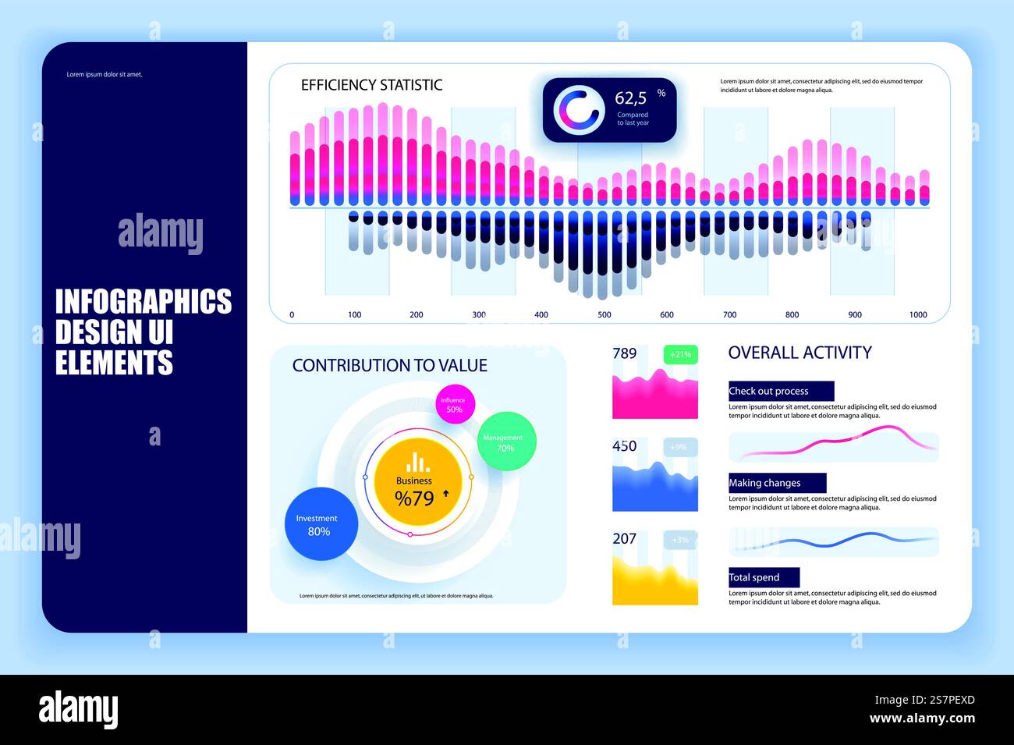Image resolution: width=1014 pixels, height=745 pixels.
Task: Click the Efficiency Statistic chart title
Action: pyautogui.click(x=371, y=85)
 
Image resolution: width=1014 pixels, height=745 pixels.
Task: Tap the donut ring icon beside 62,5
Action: pyautogui.click(x=579, y=110)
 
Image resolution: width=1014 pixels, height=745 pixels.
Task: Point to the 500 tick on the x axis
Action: pyautogui.click(x=604, y=315)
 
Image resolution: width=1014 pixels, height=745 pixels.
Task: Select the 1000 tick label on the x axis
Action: pyautogui.click(x=918, y=315)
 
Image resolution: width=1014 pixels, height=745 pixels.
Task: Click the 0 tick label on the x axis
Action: pyautogui.click(x=292, y=315)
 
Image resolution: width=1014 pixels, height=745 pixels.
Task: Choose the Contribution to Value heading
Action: pyautogui.click(x=389, y=365)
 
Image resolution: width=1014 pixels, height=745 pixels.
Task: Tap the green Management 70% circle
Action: pyautogui.click(x=506, y=442)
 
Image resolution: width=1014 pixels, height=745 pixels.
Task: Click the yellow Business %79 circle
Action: pyautogui.click(x=418, y=484)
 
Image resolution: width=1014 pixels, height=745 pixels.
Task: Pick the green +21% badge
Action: pyautogui.click(x=680, y=354)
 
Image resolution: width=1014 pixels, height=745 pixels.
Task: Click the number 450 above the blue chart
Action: pyautogui.click(x=624, y=446)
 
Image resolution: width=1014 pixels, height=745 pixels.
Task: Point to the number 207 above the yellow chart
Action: pyautogui.click(x=624, y=538)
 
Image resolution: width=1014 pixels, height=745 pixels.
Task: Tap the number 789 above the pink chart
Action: pyautogui.click(x=624, y=353)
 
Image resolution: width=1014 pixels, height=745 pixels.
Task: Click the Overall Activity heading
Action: pyautogui.click(x=799, y=353)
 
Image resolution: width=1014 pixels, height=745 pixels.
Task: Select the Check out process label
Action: pyautogui.click(x=768, y=391)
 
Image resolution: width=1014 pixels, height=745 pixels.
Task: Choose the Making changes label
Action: pyautogui.click(x=764, y=483)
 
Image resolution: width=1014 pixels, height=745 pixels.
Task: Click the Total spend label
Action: pyautogui.click(x=754, y=577)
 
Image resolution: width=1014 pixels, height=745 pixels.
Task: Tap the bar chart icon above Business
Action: pyautogui.click(x=417, y=462)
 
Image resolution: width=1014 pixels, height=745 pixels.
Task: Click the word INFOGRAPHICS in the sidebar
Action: pyautogui.click(x=144, y=302)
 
